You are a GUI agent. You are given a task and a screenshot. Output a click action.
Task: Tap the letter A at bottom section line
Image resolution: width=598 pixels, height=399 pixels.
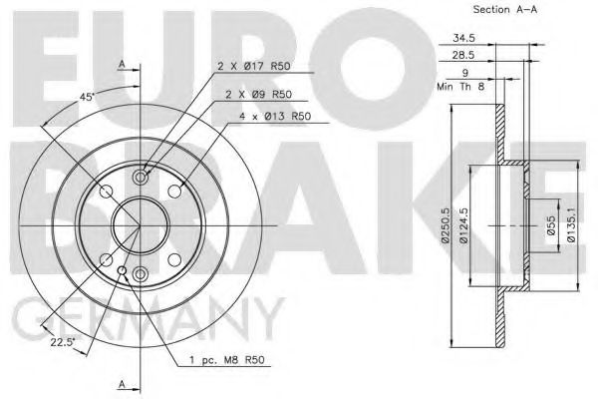coord(121,383)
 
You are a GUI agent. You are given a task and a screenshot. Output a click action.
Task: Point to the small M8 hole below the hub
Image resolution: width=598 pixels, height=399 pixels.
coord(123,272)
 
